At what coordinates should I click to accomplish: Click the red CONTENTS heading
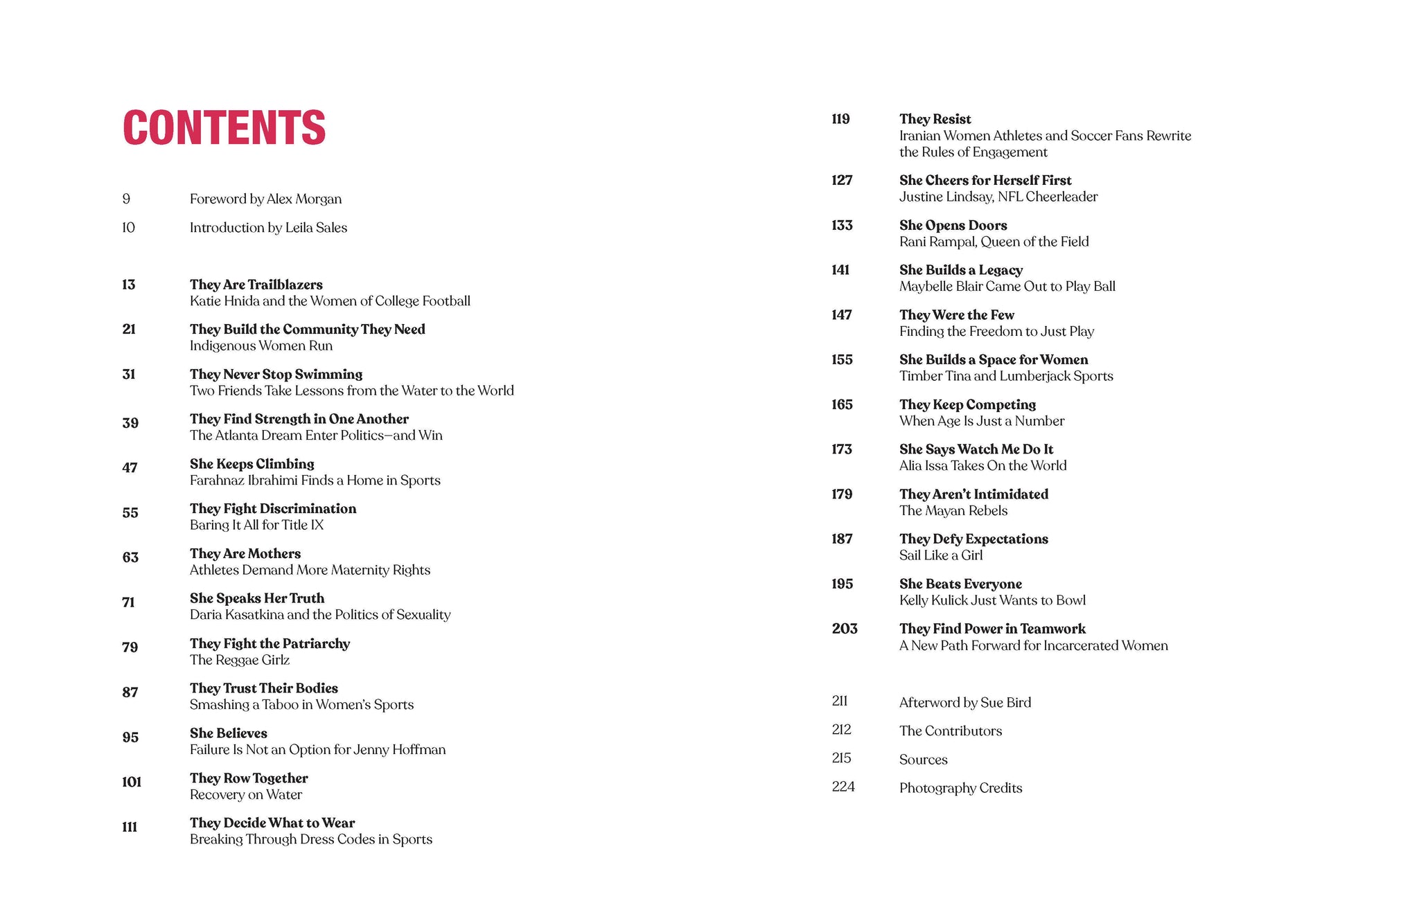[224, 128]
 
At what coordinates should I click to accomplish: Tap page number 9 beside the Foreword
[126, 199]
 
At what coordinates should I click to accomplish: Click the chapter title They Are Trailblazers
[256, 285]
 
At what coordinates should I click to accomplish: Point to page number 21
[129, 330]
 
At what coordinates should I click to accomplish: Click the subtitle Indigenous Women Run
[261, 346]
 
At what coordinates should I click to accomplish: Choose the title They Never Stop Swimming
[276, 375]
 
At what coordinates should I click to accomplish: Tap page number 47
[130, 468]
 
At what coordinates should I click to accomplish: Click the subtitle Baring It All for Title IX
[256, 525]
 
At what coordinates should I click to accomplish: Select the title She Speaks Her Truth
[256, 598]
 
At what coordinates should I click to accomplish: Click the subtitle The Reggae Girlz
[239, 660]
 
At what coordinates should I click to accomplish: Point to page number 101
[131, 782]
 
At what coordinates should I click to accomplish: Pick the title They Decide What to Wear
[272, 823]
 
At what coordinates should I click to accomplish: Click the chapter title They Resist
[935, 119]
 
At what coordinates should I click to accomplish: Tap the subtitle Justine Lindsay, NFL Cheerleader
[998, 197]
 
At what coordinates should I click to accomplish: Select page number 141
[840, 270]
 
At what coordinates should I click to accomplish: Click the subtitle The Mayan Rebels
[953, 511]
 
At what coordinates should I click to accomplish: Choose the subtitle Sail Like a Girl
[940, 555]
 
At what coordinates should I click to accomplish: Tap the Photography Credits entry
[960, 788]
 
